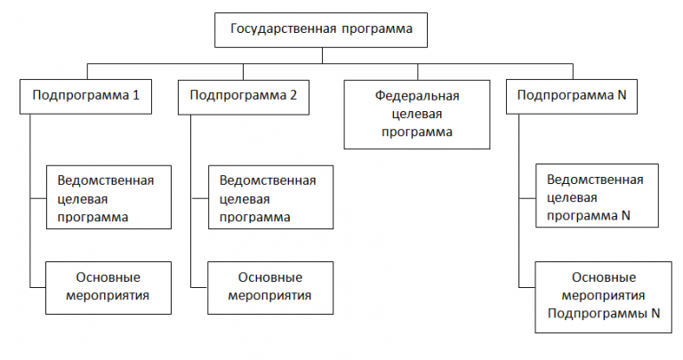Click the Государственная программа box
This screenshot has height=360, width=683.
click(322, 29)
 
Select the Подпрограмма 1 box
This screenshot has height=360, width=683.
click(85, 96)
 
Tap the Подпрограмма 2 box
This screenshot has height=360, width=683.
click(244, 96)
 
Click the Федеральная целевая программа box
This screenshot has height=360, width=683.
click(417, 113)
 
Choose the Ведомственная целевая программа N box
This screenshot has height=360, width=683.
click(595, 196)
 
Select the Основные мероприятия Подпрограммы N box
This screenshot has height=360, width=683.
click(602, 296)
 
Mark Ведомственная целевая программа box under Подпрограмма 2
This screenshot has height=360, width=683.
click(268, 196)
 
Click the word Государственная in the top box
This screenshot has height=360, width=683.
click(283, 29)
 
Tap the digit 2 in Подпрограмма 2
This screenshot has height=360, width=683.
click(294, 96)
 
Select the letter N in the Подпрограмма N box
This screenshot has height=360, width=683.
click(622, 96)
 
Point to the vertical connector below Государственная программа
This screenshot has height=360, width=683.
click(322, 55)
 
